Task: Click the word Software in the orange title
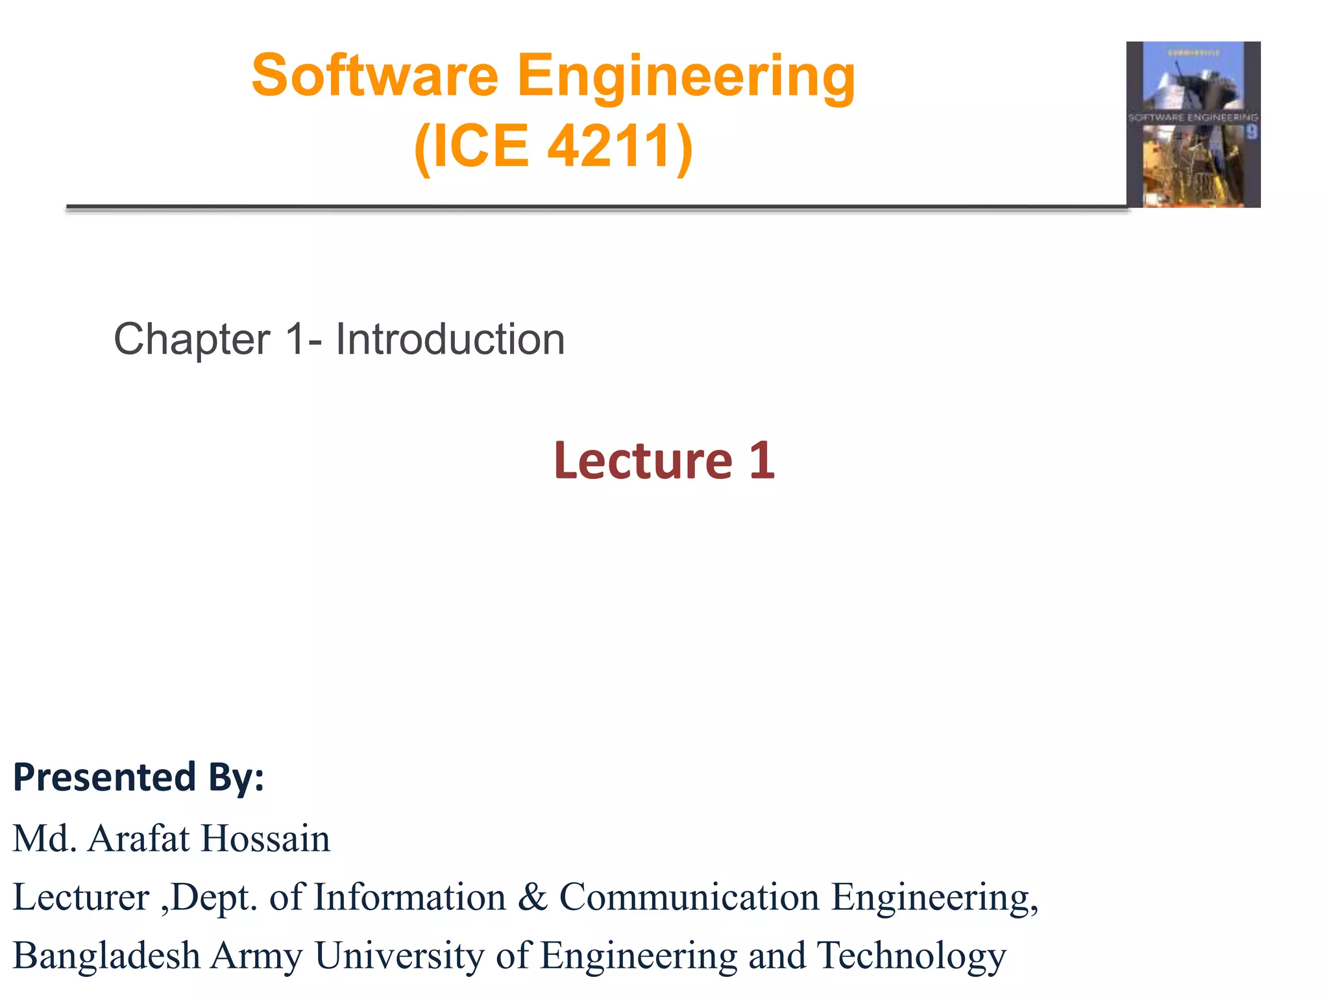click(374, 76)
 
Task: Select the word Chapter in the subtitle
click(192, 339)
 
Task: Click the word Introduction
click(450, 339)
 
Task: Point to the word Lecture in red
click(643, 460)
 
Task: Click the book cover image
click(1193, 125)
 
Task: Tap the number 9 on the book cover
click(1251, 132)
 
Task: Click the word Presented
click(104, 777)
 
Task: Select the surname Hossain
click(265, 838)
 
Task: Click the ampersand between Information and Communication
click(532, 897)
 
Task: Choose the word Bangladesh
click(106, 955)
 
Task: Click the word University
click(400, 955)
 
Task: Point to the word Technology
click(911, 955)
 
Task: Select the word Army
click(257, 955)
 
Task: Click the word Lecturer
click(81, 897)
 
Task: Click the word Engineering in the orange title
click(686, 76)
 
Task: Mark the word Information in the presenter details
click(409, 897)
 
